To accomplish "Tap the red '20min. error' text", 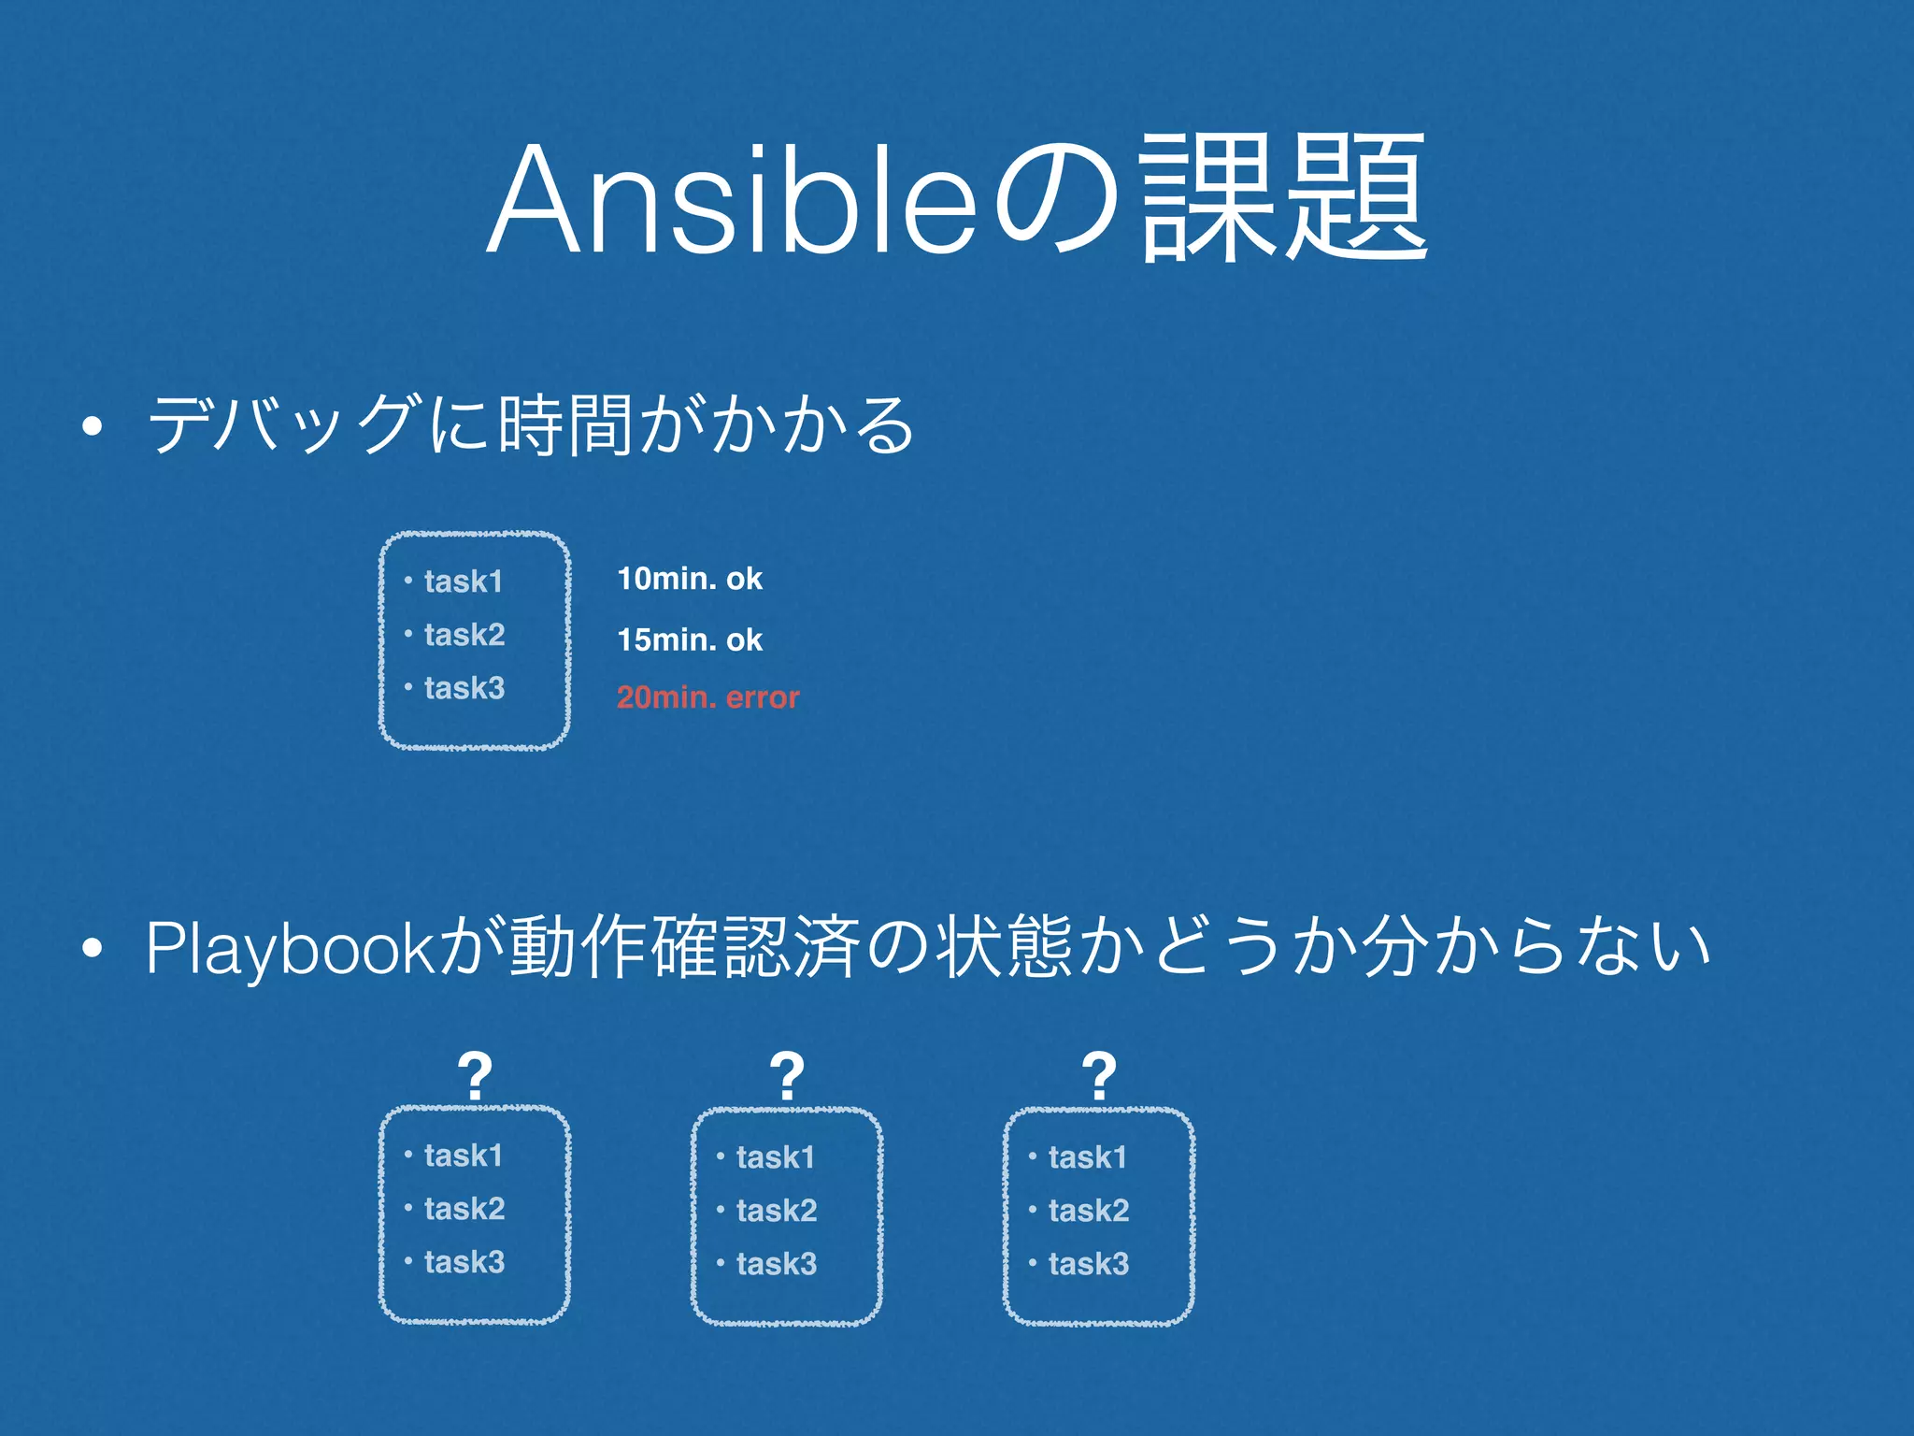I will click(707, 697).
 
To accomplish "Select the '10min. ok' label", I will click(690, 579).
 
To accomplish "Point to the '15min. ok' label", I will click(690, 639).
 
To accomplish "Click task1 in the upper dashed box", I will click(463, 582).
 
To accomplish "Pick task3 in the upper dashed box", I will click(464, 688).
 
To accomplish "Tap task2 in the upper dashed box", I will click(464, 635).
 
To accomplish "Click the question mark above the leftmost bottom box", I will click(475, 1076).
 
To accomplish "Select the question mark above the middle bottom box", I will click(787, 1076).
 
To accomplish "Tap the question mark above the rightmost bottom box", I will click(1099, 1076).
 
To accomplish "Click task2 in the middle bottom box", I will click(776, 1211).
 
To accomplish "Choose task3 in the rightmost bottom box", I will click(1088, 1264).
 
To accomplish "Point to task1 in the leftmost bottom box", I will click(463, 1156).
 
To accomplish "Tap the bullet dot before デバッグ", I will click(91, 428).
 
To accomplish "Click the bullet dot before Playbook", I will click(91, 950).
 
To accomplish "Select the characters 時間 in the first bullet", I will click(566, 425).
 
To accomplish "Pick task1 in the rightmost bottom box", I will click(1087, 1157).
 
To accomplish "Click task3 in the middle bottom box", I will click(776, 1264).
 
